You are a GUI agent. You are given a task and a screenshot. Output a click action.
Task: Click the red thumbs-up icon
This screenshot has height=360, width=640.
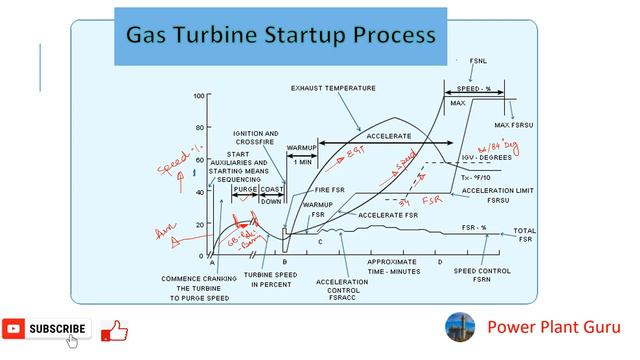(114, 330)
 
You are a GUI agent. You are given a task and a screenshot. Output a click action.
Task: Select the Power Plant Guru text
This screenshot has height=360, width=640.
(553, 327)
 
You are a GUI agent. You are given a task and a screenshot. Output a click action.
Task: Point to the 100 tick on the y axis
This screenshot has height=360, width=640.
(199, 97)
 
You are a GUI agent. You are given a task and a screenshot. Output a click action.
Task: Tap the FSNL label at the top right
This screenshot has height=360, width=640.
(478, 61)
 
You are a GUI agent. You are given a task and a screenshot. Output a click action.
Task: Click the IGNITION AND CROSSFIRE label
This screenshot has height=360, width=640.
(255, 138)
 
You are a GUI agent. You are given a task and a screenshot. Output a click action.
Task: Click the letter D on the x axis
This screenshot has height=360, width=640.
(439, 262)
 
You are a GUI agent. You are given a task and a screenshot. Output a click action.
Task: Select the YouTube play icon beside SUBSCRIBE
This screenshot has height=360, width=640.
(14, 328)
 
